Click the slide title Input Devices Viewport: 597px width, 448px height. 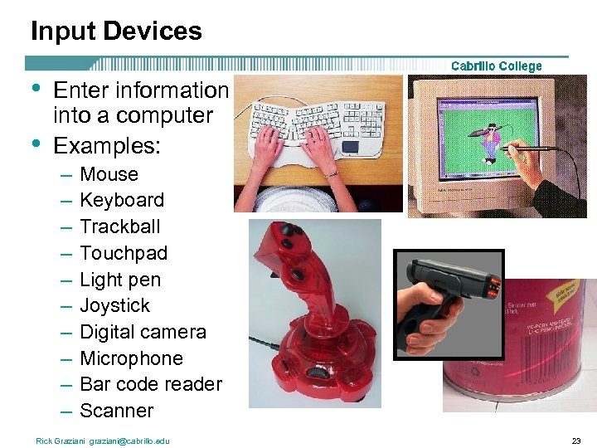pyautogui.click(x=116, y=32)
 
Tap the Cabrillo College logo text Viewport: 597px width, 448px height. pyautogui.click(x=496, y=66)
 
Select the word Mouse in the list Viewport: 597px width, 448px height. pyautogui.click(x=109, y=174)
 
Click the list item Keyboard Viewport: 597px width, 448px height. pyautogui.click(x=122, y=200)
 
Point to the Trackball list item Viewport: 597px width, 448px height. pyautogui.click(x=120, y=226)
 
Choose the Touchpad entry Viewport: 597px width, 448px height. pyautogui.click(x=124, y=253)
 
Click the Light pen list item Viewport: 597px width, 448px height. pyautogui.click(x=120, y=280)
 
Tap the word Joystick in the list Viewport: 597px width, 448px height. pyautogui.click(x=115, y=305)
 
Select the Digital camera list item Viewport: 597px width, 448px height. pyautogui.click(x=143, y=332)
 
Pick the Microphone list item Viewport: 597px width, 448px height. pyautogui.click(x=131, y=358)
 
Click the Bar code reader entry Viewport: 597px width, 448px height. pyautogui.click(x=151, y=384)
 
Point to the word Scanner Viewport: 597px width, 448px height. pyautogui.click(x=116, y=411)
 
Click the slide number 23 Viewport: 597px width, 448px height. pyautogui.click(x=577, y=441)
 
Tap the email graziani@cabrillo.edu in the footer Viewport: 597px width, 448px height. pyautogui.click(x=130, y=441)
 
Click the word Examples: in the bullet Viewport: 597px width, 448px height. pyautogui.click(x=107, y=146)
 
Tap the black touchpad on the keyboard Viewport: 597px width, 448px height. pyautogui.click(x=350, y=147)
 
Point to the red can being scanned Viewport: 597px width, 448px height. pyautogui.click(x=531, y=348)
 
